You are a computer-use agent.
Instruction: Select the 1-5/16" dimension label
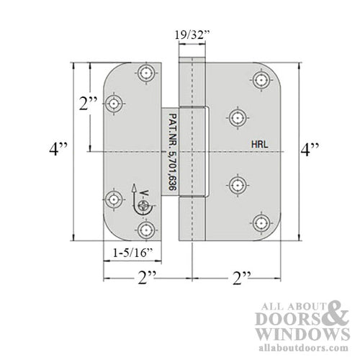[x=132, y=253]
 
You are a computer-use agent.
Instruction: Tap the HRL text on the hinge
[x=261, y=143]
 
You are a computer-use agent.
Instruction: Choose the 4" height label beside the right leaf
[x=312, y=151]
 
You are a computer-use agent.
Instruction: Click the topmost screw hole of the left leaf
[x=148, y=73]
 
